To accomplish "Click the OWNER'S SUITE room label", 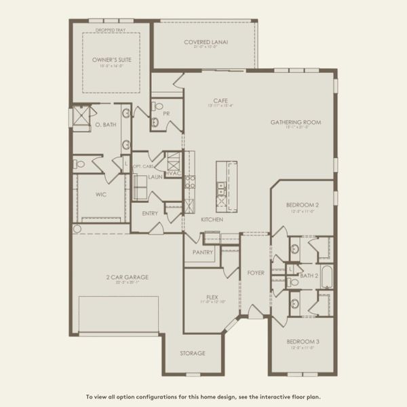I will pos(111,60).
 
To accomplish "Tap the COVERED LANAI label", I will pos(206,42).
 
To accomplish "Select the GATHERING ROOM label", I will pos(295,123).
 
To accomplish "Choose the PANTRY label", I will pos(202,252).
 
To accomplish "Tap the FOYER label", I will pos(255,273).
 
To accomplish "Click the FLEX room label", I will pos(212,297).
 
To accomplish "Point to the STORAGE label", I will pos(192,353).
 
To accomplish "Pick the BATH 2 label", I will pos(309,275).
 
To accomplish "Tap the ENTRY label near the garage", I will pos(150,213).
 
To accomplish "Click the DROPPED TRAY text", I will pos(111,29).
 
